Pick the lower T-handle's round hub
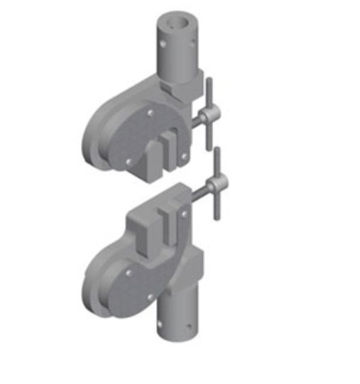coord(215,185)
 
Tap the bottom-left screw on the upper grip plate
coord(127,162)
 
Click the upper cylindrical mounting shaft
coord(177,53)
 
